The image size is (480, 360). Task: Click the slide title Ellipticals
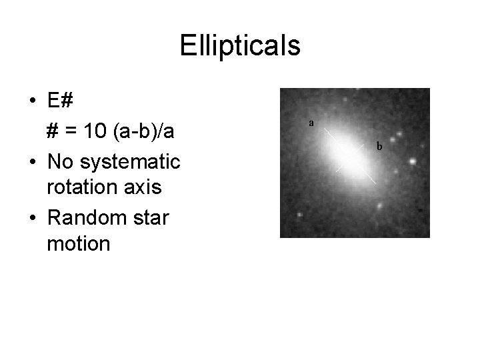coord(240,46)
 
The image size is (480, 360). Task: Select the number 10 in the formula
coord(93,131)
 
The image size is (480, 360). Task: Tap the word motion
coord(78,244)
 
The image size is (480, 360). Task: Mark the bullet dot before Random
coord(32,217)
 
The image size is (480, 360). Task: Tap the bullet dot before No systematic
coord(32,161)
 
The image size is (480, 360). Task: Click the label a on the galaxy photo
coord(311,123)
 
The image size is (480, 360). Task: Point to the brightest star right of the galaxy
coord(413,161)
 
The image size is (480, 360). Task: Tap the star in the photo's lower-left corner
coord(299,216)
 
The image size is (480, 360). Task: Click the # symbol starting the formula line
coord(53,131)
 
